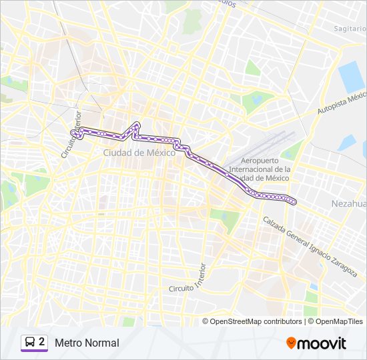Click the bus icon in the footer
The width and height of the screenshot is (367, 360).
tap(29, 343)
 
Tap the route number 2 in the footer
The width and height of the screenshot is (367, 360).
tap(42, 342)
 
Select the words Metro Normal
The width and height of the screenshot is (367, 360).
tap(87, 343)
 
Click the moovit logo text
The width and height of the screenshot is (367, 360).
tap(322, 343)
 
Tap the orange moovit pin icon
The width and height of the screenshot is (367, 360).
tap(291, 343)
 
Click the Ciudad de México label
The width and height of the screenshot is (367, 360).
tap(139, 153)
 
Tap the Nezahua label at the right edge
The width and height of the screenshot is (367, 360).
tap(348, 202)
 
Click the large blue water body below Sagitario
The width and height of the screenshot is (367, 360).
tap(351, 77)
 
